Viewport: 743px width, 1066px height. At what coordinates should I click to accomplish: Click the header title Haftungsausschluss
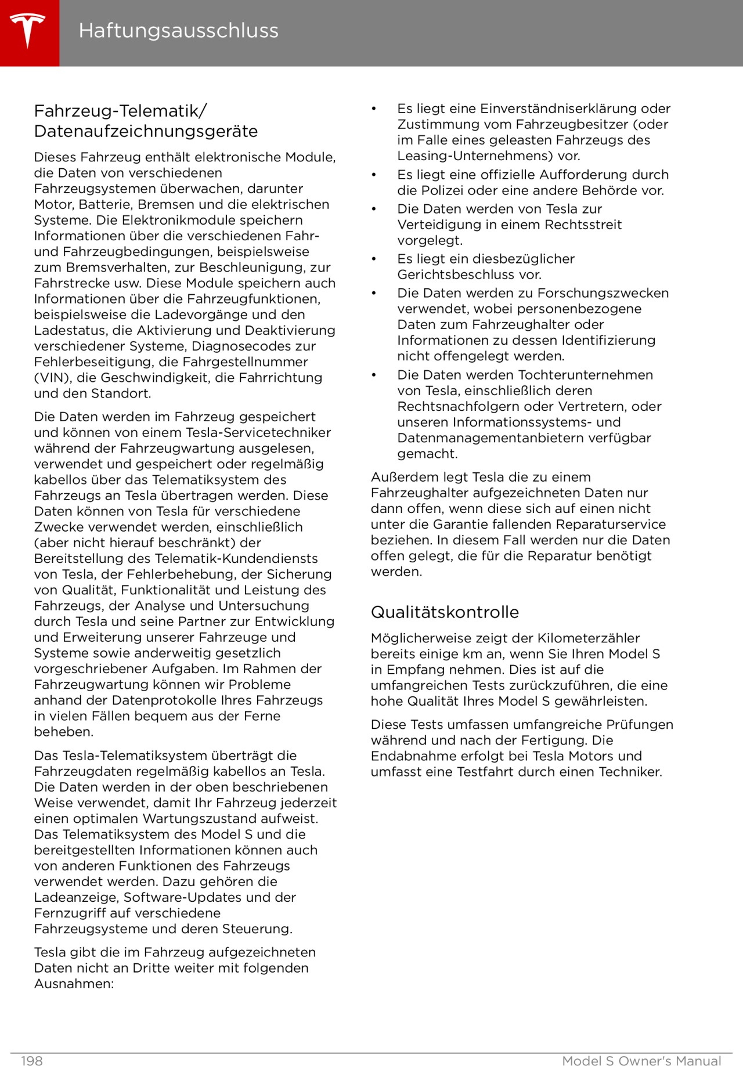coord(178,30)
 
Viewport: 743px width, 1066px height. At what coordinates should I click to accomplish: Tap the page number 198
coord(32,1061)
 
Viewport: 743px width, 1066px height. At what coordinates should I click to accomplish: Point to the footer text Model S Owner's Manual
coord(641,1061)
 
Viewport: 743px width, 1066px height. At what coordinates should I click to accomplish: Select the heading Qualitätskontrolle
coord(445,612)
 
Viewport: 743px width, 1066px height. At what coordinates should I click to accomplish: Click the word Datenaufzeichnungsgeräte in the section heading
coord(146,131)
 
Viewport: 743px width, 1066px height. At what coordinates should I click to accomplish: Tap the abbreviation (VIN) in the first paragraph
coord(52,378)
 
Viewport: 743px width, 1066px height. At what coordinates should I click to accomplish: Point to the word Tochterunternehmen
coord(586,375)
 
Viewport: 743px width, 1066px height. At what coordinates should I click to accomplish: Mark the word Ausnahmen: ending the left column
coord(74,984)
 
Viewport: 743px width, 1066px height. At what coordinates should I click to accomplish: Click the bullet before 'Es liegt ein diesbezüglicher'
coord(374,259)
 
